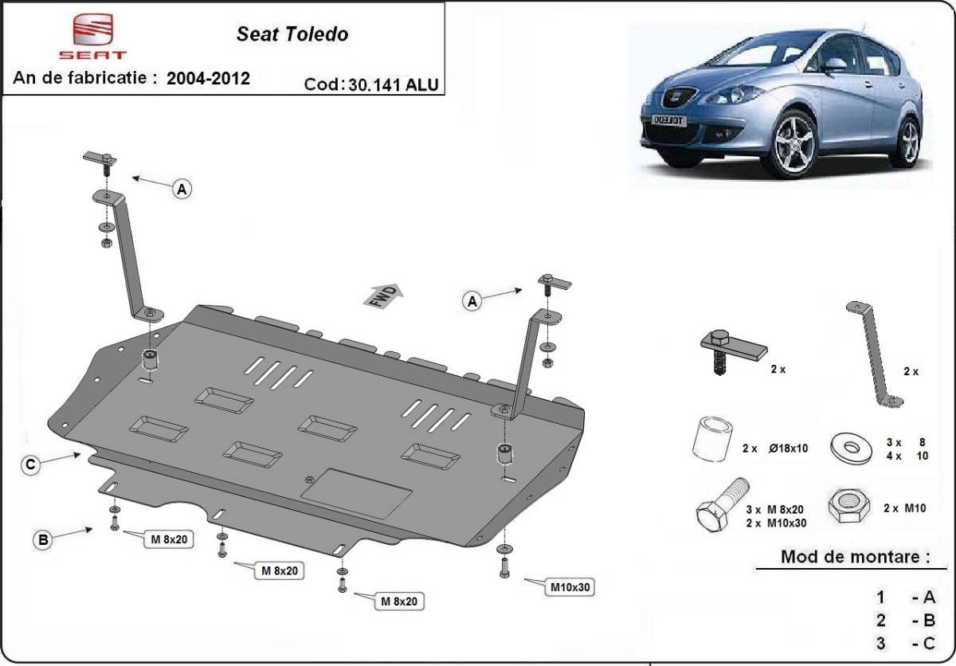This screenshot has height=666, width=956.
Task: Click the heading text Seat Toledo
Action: click(292, 34)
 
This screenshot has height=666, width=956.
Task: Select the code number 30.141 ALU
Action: click(393, 85)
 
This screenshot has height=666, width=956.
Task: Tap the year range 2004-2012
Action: click(208, 78)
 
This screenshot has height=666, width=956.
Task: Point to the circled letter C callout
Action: click(29, 465)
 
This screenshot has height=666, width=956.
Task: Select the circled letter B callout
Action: click(43, 539)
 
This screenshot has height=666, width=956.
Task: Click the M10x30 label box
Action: click(570, 588)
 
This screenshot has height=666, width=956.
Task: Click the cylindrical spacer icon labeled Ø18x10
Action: click(711, 440)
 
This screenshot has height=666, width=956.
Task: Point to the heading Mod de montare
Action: click(855, 556)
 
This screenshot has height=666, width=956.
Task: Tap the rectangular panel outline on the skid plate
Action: click(357, 494)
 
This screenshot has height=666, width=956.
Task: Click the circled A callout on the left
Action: click(182, 189)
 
